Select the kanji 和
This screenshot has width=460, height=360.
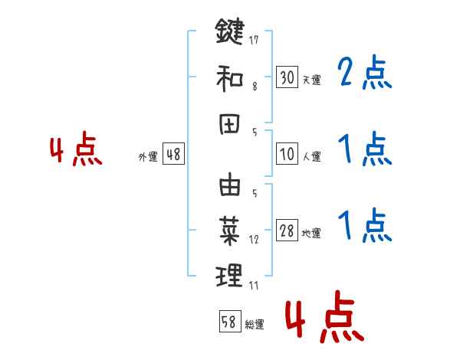click(x=230, y=77)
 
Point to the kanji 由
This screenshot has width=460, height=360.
click(x=230, y=186)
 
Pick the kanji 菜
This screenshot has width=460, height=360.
click(x=230, y=227)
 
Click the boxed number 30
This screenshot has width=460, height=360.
click(x=287, y=77)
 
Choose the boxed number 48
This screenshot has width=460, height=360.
click(x=173, y=155)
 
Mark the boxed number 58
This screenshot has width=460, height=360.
click(x=228, y=322)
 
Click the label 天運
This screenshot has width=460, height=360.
click(x=311, y=80)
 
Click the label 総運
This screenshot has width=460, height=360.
click(x=255, y=324)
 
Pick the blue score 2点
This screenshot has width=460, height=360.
click(x=365, y=73)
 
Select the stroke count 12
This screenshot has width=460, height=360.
click(x=254, y=240)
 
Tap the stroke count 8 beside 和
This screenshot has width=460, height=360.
click(x=254, y=87)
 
